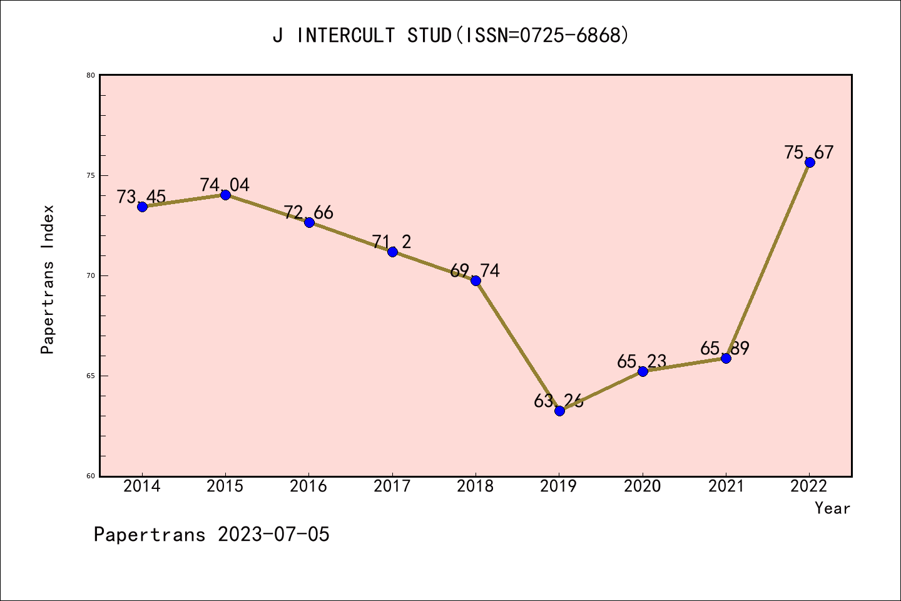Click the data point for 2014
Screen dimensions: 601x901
(x=142, y=207)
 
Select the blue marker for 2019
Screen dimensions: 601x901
(x=559, y=411)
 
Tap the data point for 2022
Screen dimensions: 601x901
(x=810, y=162)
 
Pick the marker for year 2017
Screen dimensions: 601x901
(x=392, y=252)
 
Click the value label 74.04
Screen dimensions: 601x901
(x=225, y=185)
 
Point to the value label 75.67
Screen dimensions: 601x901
(x=809, y=152)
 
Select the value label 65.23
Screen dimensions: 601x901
(x=641, y=361)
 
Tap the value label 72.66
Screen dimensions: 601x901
(x=308, y=212)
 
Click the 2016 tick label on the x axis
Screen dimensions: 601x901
(x=308, y=486)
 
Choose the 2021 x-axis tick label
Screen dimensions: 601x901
(x=726, y=486)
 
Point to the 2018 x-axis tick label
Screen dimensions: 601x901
(x=476, y=486)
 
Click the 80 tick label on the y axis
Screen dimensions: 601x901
(x=91, y=75)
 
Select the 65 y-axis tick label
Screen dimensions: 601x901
(x=91, y=376)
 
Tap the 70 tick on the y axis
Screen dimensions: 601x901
(x=91, y=275)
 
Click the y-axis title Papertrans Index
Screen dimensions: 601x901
(x=48, y=279)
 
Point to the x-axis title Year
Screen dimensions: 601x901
(x=832, y=508)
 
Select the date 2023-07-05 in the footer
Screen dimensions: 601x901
(x=273, y=535)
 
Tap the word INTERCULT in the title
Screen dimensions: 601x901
(x=346, y=36)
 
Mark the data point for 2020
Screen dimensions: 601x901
(x=643, y=371)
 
